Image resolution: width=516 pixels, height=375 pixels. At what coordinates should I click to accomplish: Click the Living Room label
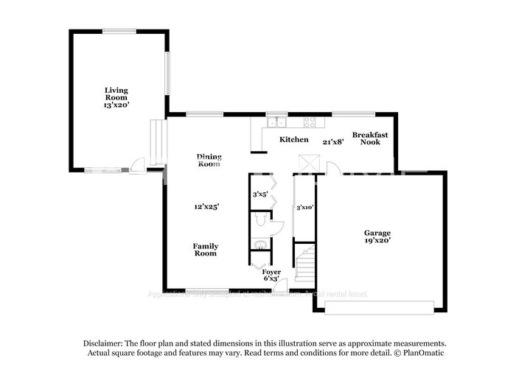pos(116,94)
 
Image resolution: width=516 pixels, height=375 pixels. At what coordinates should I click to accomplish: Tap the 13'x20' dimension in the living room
pos(116,105)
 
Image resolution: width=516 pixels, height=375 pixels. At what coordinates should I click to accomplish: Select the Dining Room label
pos(209,160)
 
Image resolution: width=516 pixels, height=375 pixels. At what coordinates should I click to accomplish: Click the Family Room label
pos(206,250)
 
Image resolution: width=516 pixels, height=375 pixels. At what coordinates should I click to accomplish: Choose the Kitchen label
pos(293,139)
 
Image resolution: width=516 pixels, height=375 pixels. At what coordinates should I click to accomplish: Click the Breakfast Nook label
pos(370,138)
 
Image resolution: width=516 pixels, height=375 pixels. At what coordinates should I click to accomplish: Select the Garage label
pos(377,233)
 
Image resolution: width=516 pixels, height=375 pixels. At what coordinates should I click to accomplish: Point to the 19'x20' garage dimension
pos(377,240)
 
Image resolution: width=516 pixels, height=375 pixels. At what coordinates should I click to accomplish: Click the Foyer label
pos(271,272)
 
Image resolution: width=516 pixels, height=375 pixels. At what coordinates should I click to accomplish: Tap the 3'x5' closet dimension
pos(259,195)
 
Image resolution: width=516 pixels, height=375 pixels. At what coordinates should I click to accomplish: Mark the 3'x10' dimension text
pos(305,208)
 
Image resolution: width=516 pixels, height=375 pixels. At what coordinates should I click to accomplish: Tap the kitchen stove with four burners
pos(310,123)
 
